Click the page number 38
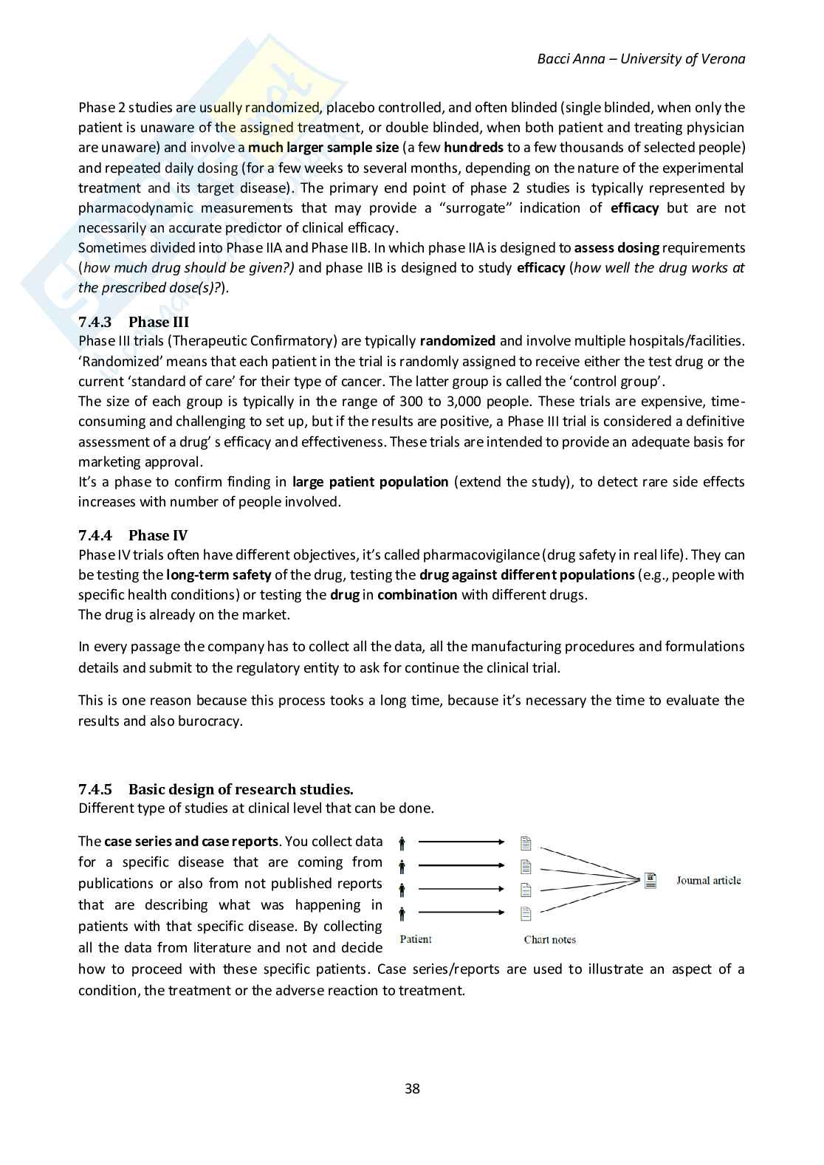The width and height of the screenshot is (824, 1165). (412, 1088)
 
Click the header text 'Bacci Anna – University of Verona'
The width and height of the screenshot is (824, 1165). (641, 59)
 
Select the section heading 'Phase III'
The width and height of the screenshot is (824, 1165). (158, 322)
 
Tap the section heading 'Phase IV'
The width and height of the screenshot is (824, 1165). (158, 535)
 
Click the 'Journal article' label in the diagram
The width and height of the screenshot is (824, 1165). (708, 880)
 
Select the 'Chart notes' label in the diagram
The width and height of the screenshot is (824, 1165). (549, 939)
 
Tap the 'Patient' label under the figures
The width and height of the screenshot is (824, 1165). (415, 939)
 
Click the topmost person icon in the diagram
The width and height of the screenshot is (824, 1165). (402, 842)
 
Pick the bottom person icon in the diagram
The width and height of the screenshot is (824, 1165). (402, 914)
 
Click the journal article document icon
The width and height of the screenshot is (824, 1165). (650, 880)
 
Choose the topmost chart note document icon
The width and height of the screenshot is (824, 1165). (526, 842)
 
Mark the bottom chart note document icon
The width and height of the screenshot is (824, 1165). (526, 914)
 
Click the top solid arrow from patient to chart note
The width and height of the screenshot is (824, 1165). (461, 842)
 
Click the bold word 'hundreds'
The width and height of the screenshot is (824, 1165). (473, 148)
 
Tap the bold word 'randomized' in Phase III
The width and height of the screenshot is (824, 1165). (457, 341)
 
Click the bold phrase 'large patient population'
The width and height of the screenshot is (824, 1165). (370, 482)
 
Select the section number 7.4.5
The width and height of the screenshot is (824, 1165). (95, 789)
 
